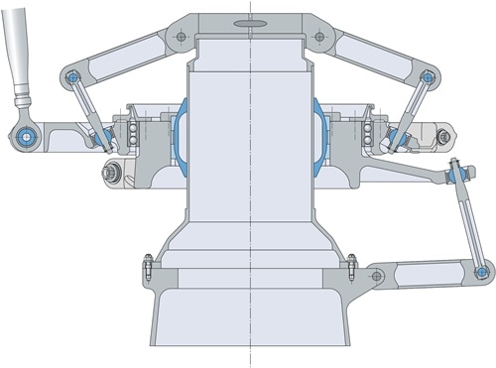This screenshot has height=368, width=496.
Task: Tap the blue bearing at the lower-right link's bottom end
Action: (482, 271)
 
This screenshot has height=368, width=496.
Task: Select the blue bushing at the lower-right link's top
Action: (455, 175)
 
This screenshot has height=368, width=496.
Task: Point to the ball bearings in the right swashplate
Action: (369, 134)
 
